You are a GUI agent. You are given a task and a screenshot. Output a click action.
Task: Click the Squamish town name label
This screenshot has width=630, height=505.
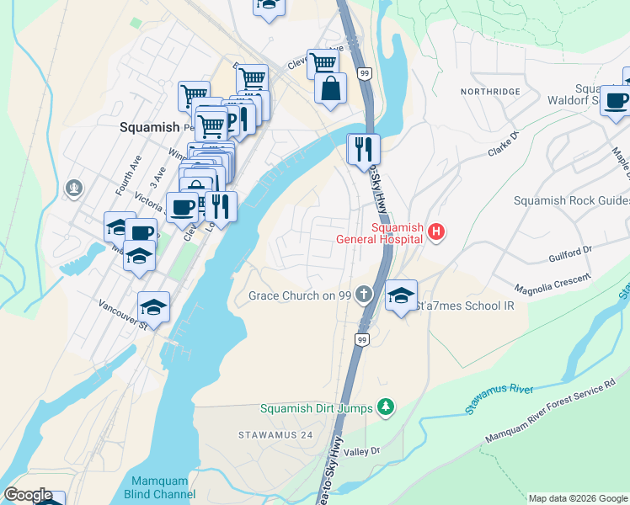pos(149,127)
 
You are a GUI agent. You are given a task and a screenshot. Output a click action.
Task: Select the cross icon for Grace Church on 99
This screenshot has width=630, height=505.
pos(363,295)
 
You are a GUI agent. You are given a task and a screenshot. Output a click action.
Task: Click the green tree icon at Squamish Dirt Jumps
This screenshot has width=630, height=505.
pos(386,408)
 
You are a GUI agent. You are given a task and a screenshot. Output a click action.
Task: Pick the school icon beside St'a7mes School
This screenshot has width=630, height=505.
pos(402,295)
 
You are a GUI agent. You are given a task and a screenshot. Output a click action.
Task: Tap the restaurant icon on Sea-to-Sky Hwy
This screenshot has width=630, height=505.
pos(363,149)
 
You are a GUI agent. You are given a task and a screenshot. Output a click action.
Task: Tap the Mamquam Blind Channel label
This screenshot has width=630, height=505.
pos(159,487)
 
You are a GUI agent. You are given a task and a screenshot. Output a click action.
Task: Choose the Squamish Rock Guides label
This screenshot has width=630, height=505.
pos(572,200)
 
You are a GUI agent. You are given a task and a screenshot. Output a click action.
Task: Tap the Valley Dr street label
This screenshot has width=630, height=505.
pos(363,451)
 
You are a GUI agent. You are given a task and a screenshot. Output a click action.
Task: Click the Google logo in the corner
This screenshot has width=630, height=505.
pos(28,495)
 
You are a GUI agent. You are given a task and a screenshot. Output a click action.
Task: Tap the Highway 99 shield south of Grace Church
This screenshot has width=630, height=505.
pos(360,339)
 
